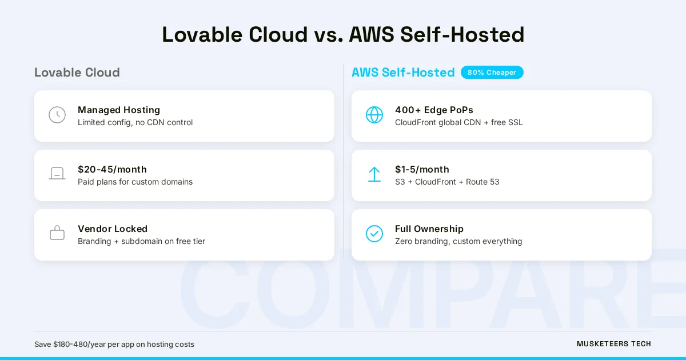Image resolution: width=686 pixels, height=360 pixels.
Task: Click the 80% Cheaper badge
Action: (x=492, y=73)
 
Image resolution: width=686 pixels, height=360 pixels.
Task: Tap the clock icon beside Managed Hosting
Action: (x=57, y=115)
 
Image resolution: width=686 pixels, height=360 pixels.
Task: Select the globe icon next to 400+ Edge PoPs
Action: (x=374, y=115)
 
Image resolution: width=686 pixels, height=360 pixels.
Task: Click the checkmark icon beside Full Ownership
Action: (x=374, y=234)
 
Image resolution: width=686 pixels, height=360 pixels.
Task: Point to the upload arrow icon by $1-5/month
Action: (x=374, y=174)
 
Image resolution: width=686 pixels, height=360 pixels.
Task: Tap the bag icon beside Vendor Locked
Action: (x=57, y=233)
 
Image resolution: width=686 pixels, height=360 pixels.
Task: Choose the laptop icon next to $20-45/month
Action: (x=57, y=174)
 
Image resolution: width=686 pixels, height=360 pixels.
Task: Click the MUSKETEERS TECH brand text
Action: (x=613, y=344)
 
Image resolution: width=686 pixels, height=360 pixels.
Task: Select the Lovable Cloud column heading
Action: (x=77, y=73)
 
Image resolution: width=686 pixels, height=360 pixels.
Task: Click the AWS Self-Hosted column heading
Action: (x=403, y=73)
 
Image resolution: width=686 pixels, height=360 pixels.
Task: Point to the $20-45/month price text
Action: (x=112, y=169)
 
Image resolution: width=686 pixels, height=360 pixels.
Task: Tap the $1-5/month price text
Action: (x=422, y=169)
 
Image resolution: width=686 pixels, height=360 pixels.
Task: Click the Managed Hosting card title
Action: (x=119, y=110)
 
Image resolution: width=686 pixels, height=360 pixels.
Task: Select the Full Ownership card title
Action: (x=429, y=229)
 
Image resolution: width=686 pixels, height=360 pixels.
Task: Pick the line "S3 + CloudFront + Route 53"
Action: (x=447, y=182)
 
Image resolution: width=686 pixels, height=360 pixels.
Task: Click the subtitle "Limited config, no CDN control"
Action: (x=135, y=122)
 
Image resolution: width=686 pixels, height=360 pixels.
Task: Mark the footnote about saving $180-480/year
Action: (x=114, y=344)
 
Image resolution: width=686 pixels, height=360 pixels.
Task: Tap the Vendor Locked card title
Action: (x=113, y=229)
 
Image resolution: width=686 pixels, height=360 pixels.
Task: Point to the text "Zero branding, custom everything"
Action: (x=458, y=241)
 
